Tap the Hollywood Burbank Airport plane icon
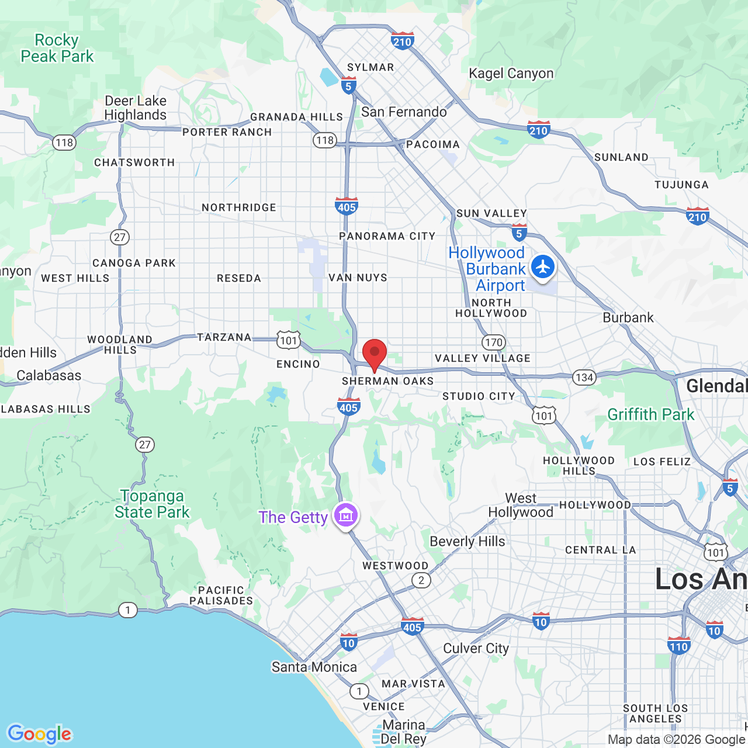pos(543,267)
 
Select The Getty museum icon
pos(346,515)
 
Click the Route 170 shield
pos(493,342)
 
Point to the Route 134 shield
pos(584,378)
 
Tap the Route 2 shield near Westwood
pos(421,580)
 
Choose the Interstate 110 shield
pos(678,646)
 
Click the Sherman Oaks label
pos(388,381)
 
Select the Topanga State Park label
pos(152,504)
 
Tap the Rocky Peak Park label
pos(57,48)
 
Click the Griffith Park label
pos(651,414)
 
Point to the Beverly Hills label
pos(467,541)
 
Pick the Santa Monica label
pos(314,667)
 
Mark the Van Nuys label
pos(358,278)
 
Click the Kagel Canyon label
pos(511,73)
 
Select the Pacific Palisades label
pos(221,595)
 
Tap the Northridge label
pos(239,207)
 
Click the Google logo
pos(40,733)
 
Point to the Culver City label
pos(476,648)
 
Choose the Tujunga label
pos(681,185)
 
